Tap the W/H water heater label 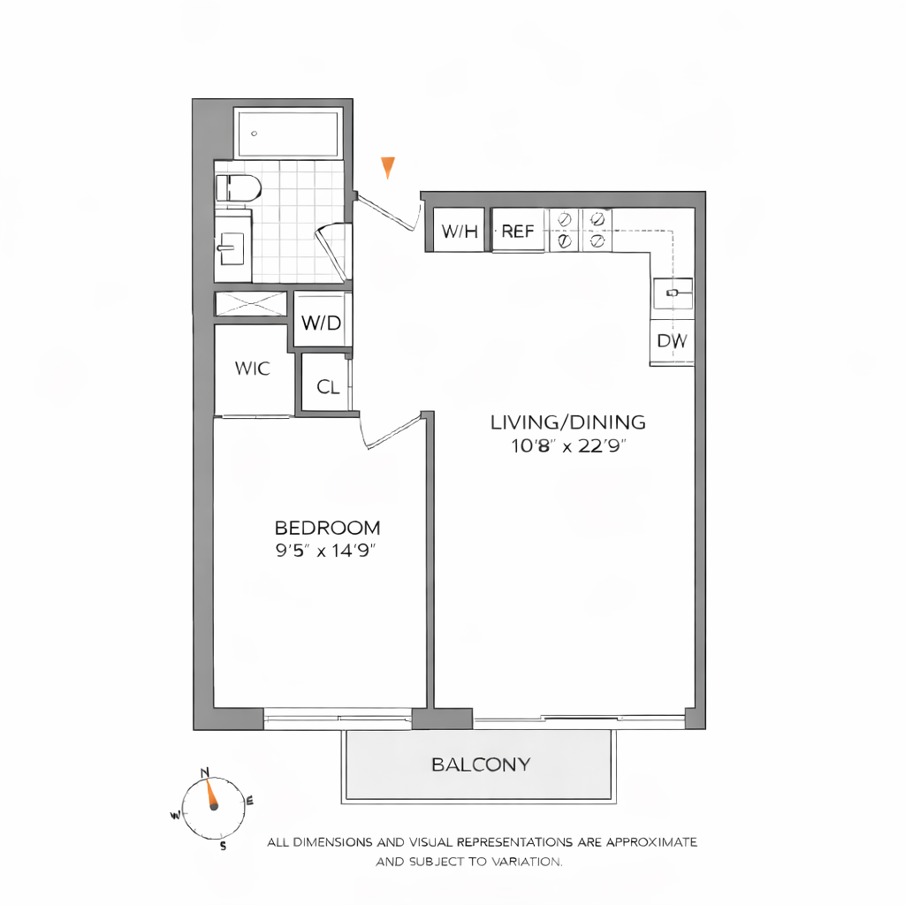pos(460,232)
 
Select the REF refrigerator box pos(518,232)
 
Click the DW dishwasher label pos(672,341)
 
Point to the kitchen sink pos(673,292)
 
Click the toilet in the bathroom pos(239,187)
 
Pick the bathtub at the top pos(288,134)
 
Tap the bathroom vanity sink pos(232,247)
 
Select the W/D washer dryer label pos(321,323)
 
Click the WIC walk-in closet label pos(252,369)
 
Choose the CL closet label pos(328,387)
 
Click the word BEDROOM pos(328,529)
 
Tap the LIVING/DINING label pos(568,422)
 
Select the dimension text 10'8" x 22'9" pos(568,445)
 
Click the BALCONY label pos(481,764)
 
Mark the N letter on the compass pos(206,772)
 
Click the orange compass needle pos(211,795)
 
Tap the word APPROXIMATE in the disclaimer pos(653,842)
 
